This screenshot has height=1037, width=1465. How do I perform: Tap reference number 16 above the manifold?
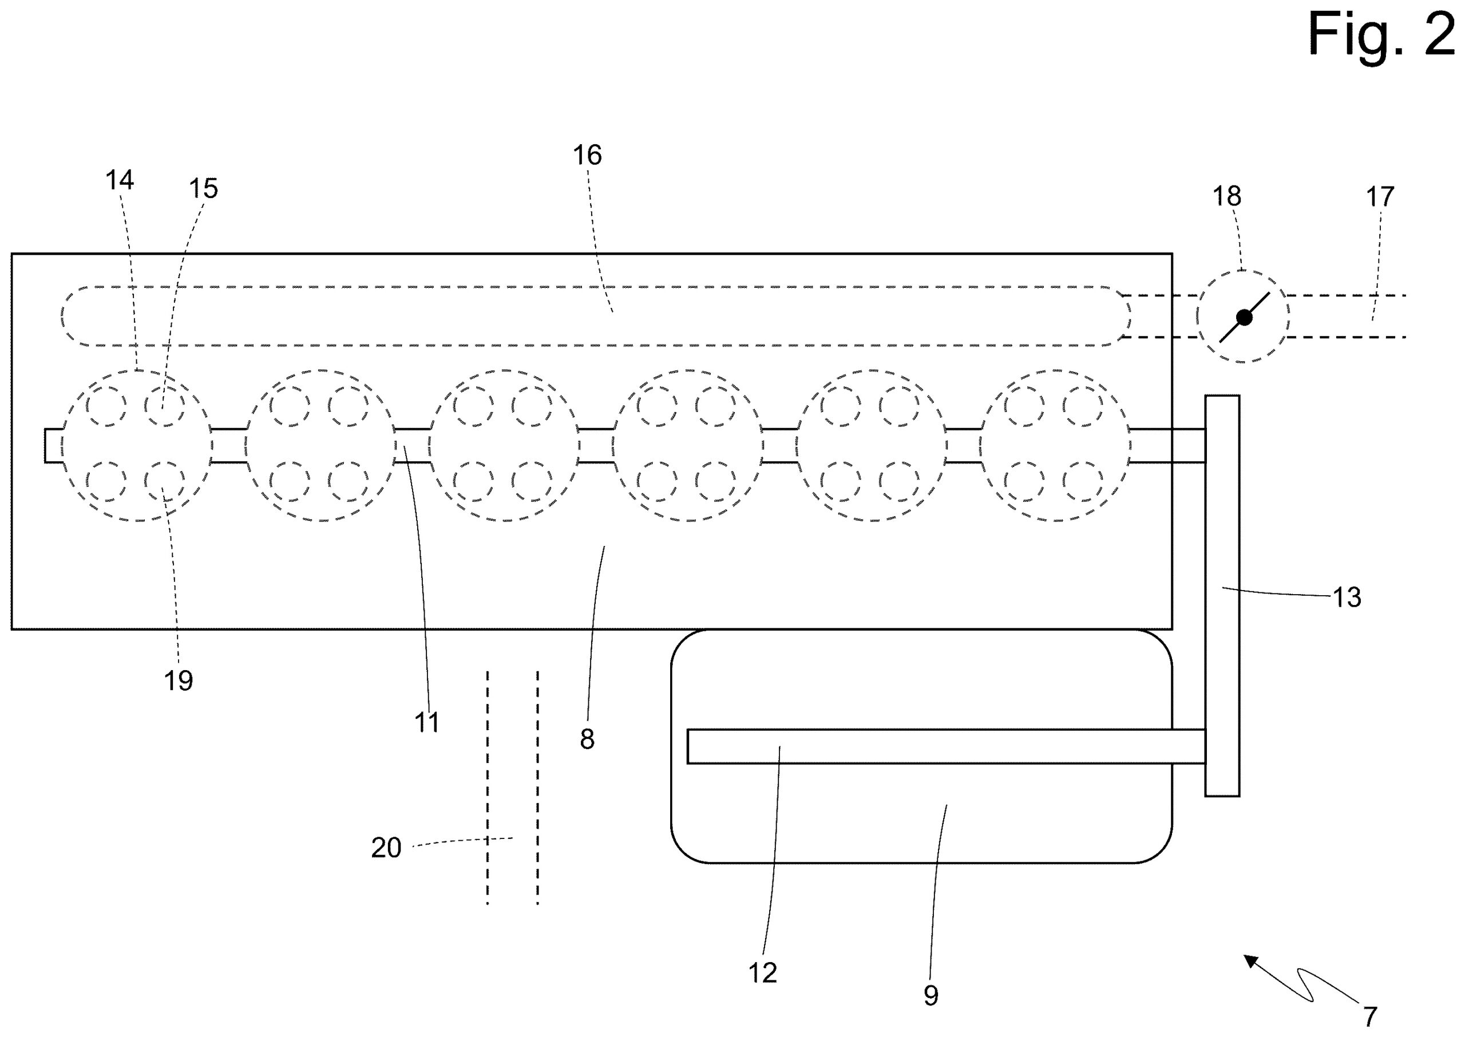tap(587, 155)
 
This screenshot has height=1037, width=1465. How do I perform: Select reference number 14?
tap(120, 181)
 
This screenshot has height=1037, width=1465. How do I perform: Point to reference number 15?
tap(203, 189)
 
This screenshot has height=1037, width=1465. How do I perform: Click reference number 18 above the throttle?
tap(1226, 197)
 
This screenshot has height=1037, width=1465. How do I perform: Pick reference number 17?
tap(1380, 197)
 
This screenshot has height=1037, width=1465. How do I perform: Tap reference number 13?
tap(1347, 597)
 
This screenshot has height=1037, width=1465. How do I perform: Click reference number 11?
tap(426, 723)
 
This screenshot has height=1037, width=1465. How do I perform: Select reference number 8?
tap(587, 739)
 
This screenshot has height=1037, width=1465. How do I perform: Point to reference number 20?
tap(386, 848)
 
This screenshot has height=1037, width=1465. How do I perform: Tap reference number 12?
tap(762, 973)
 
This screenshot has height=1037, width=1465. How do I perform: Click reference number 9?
tap(931, 995)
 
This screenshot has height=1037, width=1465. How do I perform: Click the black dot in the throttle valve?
tap(1244, 318)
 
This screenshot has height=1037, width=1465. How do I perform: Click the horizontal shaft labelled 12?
tap(945, 746)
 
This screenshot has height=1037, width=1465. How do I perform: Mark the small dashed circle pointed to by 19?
tap(164, 482)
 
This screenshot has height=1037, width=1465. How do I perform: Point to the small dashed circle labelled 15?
tap(164, 406)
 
